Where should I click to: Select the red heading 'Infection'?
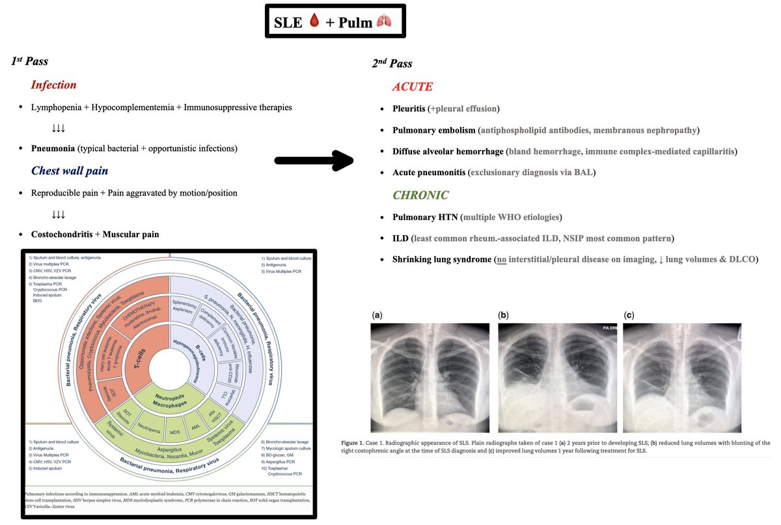coord(54,85)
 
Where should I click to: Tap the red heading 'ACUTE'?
coord(413,87)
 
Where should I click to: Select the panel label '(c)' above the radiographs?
coord(629,315)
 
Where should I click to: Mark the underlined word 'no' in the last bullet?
coord(500,260)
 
